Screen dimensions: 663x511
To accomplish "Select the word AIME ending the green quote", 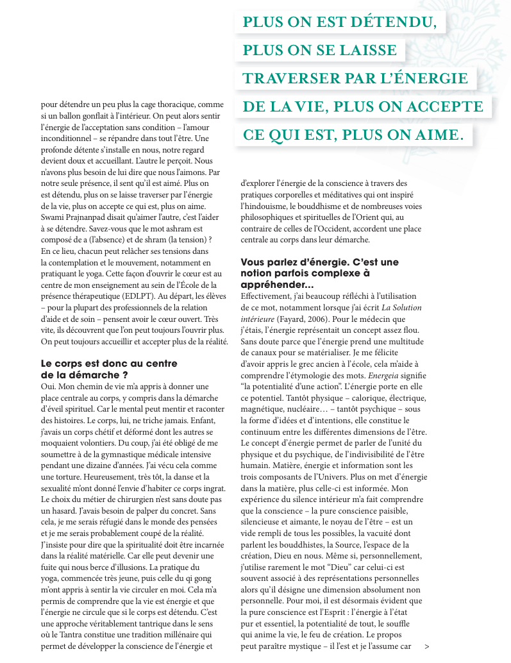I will (x=436, y=135).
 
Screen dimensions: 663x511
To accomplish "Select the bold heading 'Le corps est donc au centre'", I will (x=109, y=364).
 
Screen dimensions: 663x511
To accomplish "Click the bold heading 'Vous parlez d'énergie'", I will (x=319, y=262).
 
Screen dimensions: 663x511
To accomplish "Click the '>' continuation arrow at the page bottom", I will (x=427, y=647).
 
